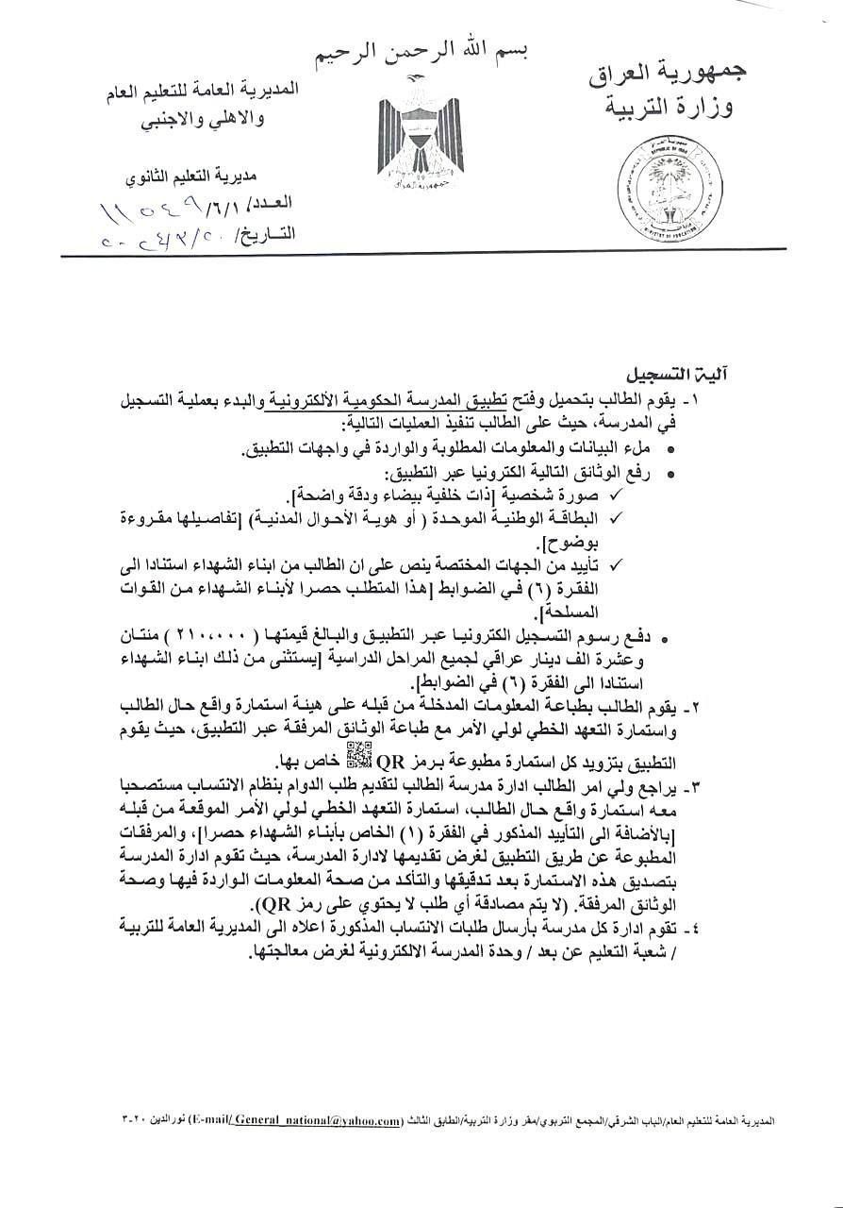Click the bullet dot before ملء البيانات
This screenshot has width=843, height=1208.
point(670,450)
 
